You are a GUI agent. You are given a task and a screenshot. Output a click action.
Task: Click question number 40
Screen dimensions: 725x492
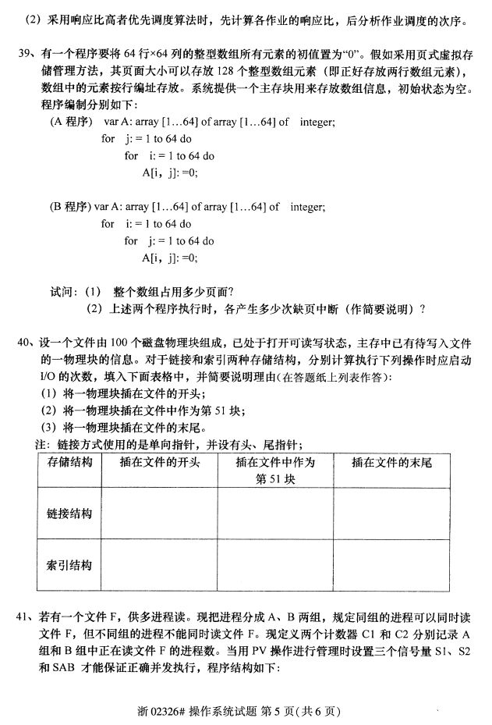tap(24, 342)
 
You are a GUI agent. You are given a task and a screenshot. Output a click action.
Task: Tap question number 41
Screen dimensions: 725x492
tap(24, 617)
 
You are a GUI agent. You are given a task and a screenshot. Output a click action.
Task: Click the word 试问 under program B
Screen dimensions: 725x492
tap(63, 292)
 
